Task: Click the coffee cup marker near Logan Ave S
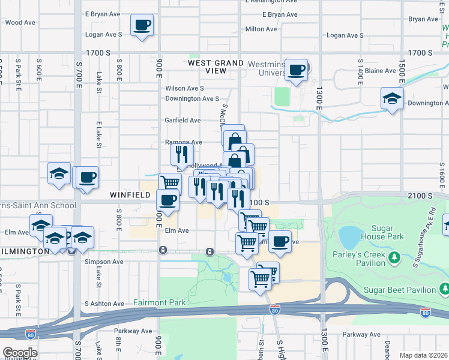pyautogui.click(x=142, y=26)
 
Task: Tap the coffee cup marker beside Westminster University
pyautogui.click(x=296, y=70)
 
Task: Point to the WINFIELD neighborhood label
pyautogui.click(x=129, y=196)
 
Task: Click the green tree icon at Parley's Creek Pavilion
pyautogui.click(x=394, y=258)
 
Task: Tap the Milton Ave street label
pyautogui.click(x=261, y=29)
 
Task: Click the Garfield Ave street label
pyautogui.click(x=182, y=120)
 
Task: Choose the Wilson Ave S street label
pyautogui.click(x=185, y=88)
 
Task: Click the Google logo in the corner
pyautogui.click(x=20, y=352)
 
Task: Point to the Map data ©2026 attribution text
pyautogui.click(x=424, y=355)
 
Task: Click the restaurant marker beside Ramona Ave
pyautogui.click(x=181, y=154)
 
